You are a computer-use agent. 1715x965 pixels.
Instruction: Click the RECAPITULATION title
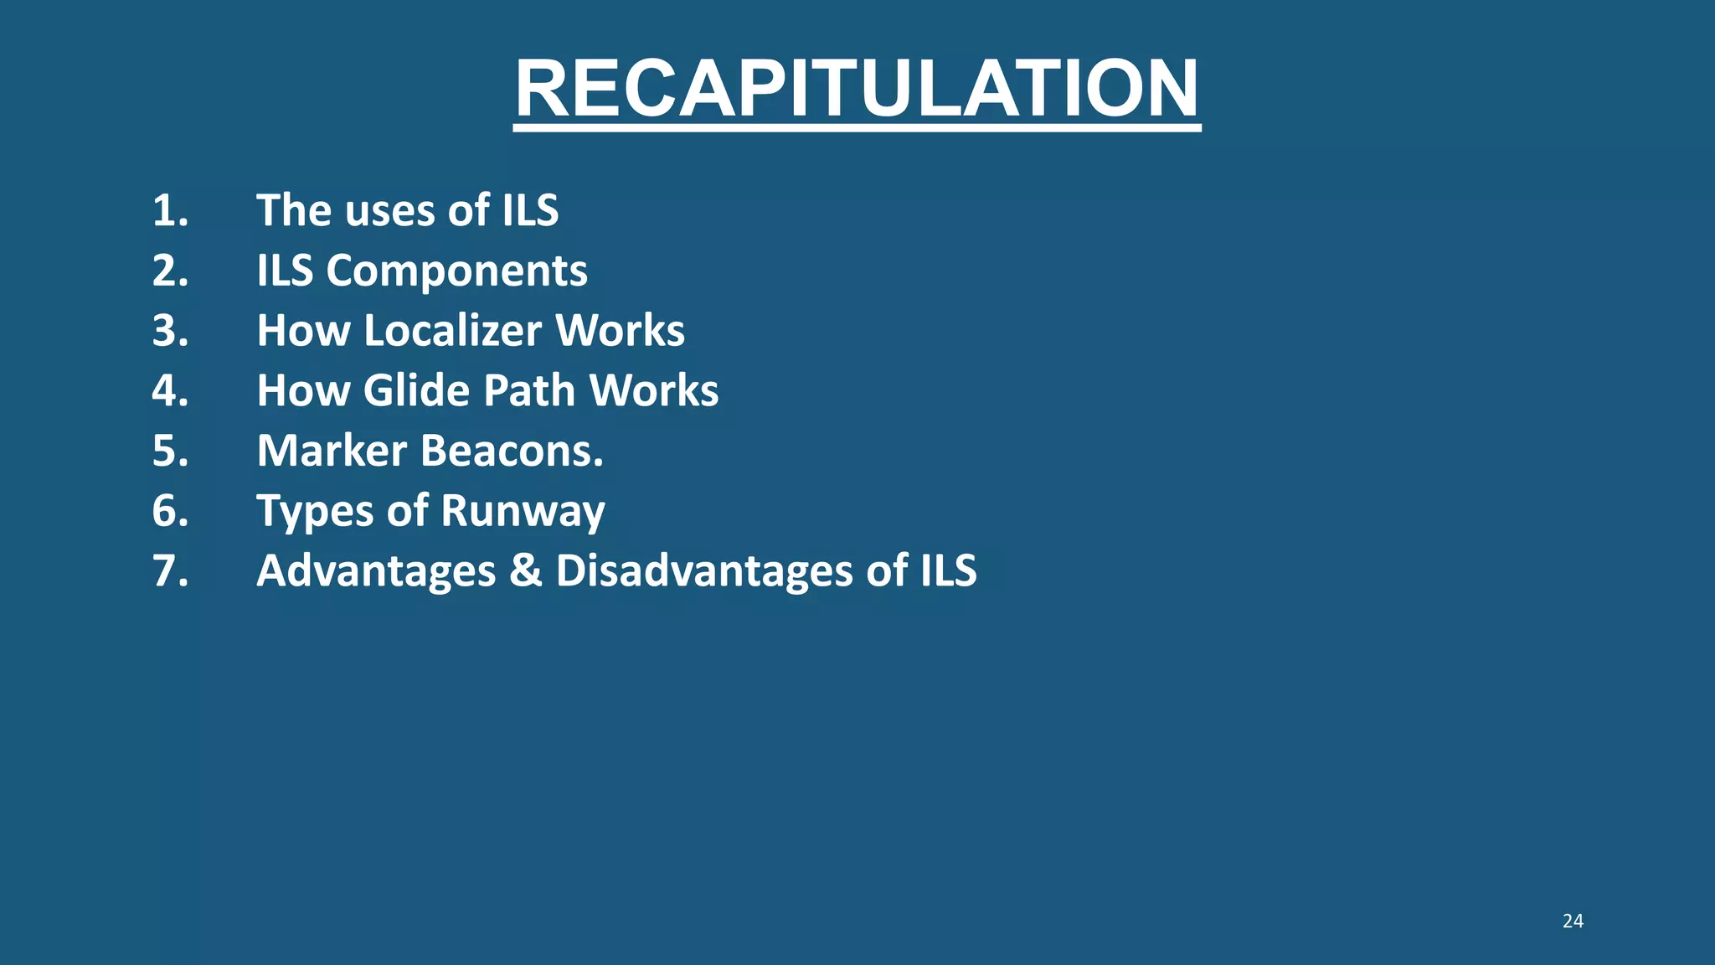pos(857,89)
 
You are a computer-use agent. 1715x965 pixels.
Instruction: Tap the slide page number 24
pos(1573,921)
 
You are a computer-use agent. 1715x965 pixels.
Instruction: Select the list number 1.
pos(170,210)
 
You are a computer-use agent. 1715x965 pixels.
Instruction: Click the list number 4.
pos(170,391)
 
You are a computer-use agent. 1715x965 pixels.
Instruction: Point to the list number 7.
pos(170,571)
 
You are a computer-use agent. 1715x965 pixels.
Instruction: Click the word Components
pos(456,271)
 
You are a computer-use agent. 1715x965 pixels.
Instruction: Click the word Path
pos(530,391)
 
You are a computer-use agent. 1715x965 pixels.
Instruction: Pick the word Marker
pos(332,452)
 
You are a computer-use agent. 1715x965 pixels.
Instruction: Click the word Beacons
pos(512,452)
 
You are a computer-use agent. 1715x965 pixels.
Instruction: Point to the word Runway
pos(523,512)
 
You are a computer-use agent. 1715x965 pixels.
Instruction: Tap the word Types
pos(315,512)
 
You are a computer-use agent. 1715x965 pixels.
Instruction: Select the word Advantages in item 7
pos(376,571)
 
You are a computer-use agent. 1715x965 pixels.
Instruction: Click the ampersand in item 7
pos(526,571)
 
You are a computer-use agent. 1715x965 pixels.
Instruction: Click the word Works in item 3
pos(621,331)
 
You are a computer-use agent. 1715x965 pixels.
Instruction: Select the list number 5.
pos(170,452)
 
